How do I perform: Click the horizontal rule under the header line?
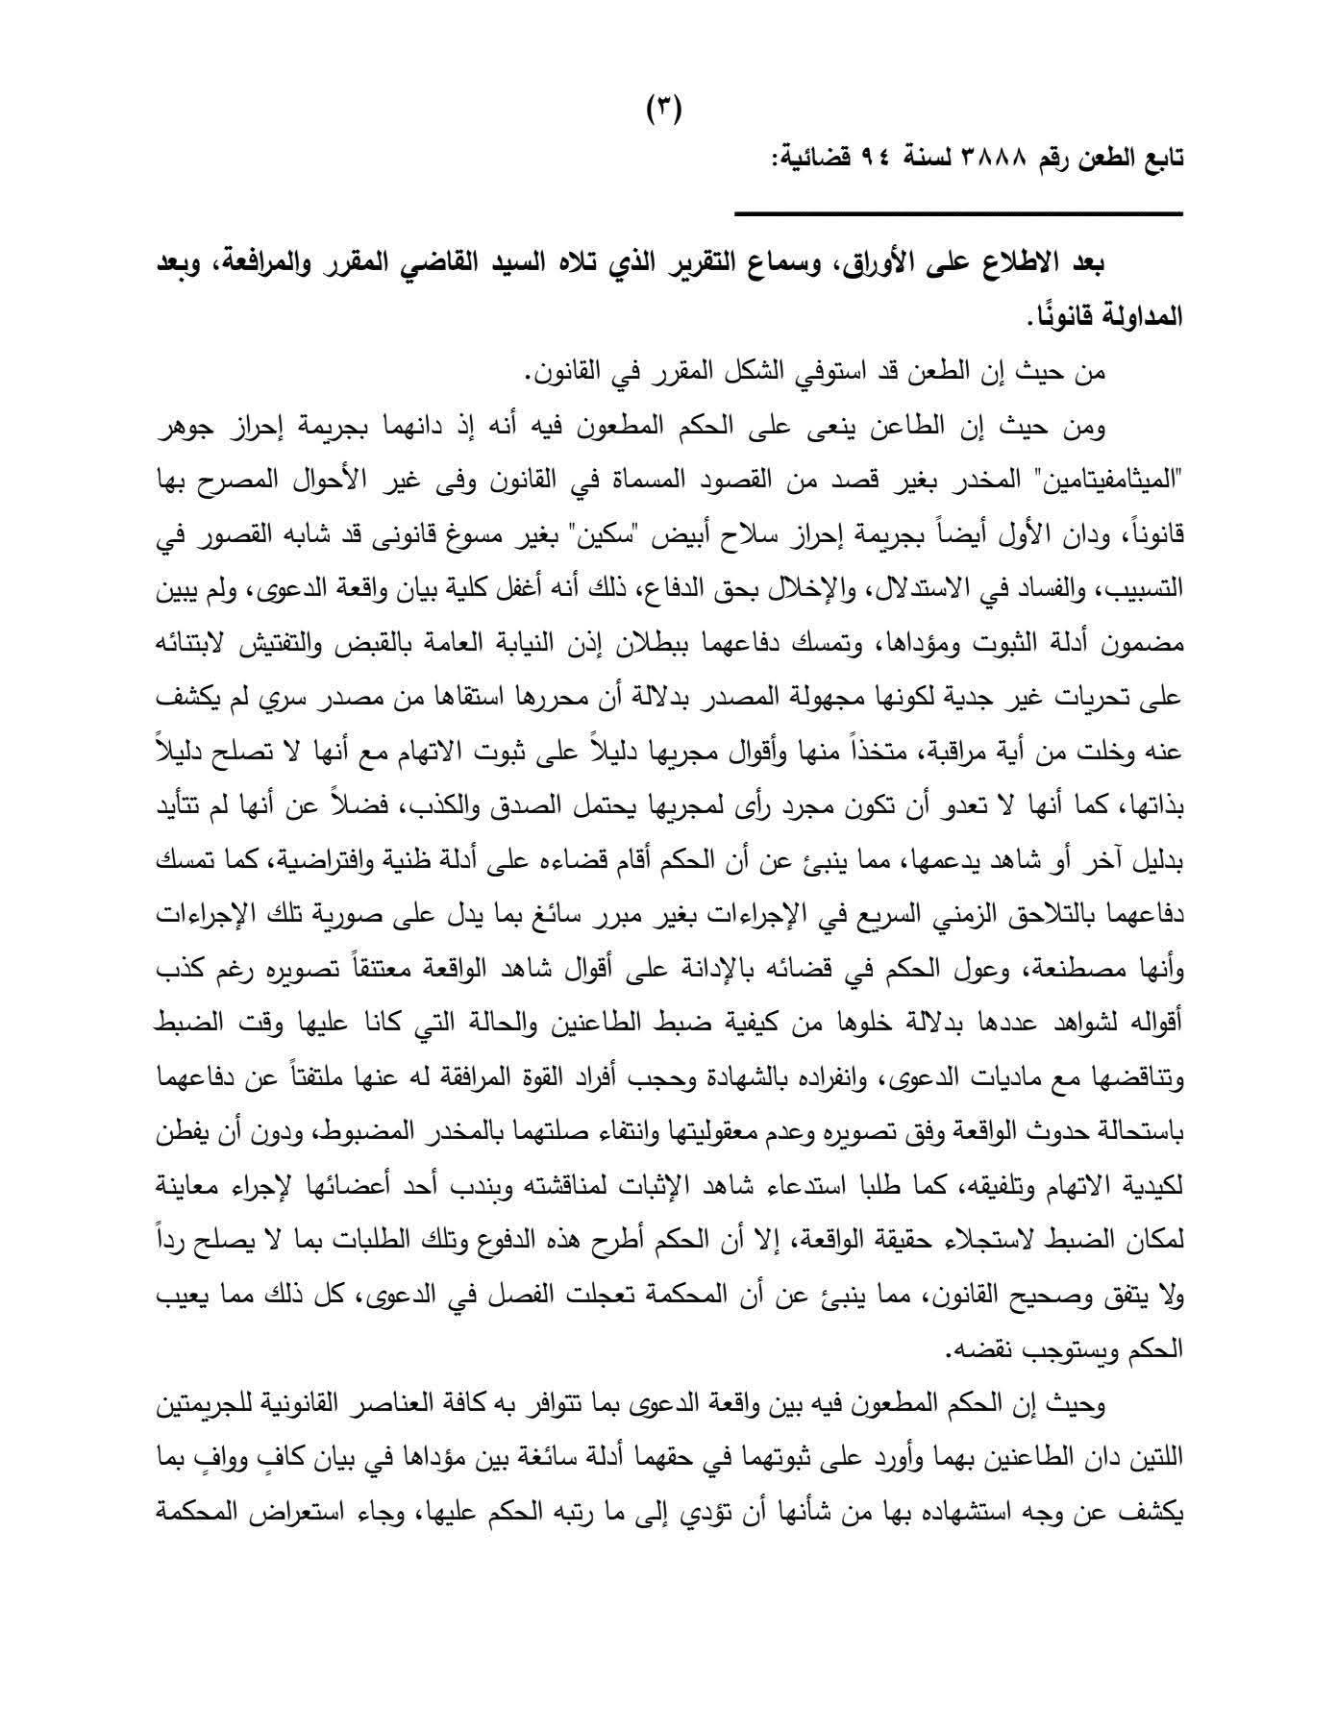958,213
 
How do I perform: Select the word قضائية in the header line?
816,156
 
